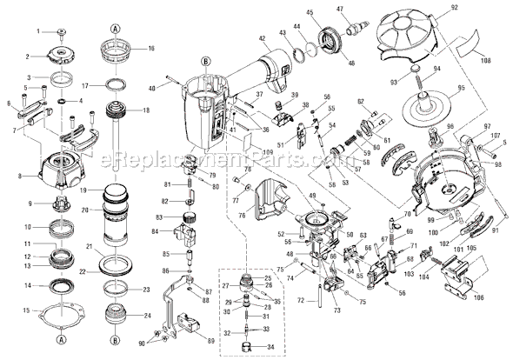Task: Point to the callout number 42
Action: (x=262, y=37)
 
